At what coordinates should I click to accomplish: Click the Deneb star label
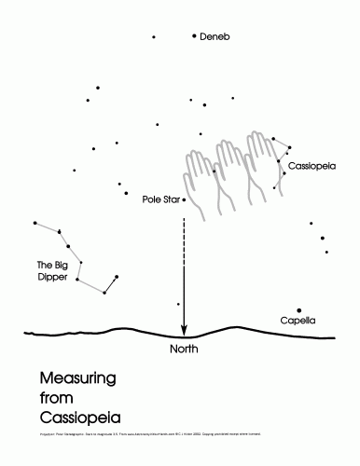[215, 37]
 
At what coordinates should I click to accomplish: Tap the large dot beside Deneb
[194, 36]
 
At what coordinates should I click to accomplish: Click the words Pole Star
[161, 199]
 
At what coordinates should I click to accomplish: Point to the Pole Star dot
[185, 199]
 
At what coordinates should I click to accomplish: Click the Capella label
[298, 321]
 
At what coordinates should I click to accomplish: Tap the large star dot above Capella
[299, 310]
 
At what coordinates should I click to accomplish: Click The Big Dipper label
[52, 270]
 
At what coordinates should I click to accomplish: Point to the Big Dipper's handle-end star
[34, 223]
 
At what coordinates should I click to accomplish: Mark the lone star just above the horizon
[178, 304]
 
